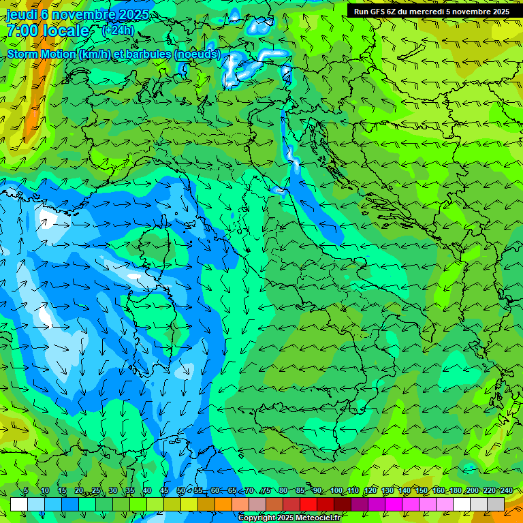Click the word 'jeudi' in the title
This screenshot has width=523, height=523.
(21, 14)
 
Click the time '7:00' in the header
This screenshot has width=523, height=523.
(22, 31)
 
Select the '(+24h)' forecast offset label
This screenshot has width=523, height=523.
(118, 30)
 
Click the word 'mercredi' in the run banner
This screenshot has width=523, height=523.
(426, 12)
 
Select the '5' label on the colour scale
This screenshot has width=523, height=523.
(26, 491)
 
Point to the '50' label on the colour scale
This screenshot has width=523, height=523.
(181, 491)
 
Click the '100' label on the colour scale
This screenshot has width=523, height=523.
(336, 491)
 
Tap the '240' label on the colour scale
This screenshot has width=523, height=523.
(506, 491)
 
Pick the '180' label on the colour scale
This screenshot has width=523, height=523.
(455, 491)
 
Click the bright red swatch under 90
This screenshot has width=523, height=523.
(308, 504)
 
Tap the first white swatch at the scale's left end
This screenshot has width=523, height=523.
(19, 504)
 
